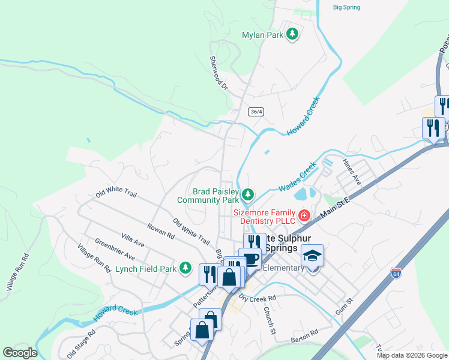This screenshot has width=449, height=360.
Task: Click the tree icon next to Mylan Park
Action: click(292, 35)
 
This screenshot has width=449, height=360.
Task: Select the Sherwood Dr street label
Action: click(219, 73)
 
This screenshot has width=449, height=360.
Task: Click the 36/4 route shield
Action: click(256, 112)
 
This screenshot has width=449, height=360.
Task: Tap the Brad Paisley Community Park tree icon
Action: click(247, 194)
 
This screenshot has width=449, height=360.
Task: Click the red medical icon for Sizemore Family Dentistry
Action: click(304, 215)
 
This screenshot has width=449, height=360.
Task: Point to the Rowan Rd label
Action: click(160, 232)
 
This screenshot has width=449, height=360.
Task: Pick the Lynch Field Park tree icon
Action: click(187, 268)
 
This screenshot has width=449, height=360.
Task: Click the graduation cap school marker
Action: click(312, 256)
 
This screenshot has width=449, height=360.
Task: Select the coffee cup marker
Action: click(249, 259)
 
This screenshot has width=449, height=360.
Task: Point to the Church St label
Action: click(270, 320)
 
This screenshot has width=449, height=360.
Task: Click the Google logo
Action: click(20, 353)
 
